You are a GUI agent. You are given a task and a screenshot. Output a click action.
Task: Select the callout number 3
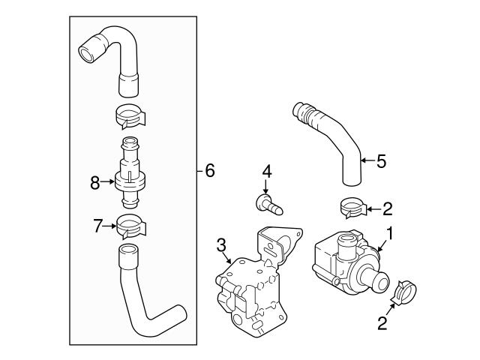(x=221, y=244)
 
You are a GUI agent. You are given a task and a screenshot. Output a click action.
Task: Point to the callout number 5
(x=381, y=160)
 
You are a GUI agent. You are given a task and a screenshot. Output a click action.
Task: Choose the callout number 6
(x=210, y=171)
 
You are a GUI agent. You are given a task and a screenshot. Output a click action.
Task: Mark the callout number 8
(x=95, y=181)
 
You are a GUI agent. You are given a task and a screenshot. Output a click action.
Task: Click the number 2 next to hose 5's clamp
(x=387, y=208)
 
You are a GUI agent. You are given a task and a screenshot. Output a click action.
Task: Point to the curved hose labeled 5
(x=330, y=139)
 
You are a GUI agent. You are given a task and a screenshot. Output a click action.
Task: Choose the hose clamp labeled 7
(x=131, y=223)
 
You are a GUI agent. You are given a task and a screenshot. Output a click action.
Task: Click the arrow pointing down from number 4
(x=265, y=187)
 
